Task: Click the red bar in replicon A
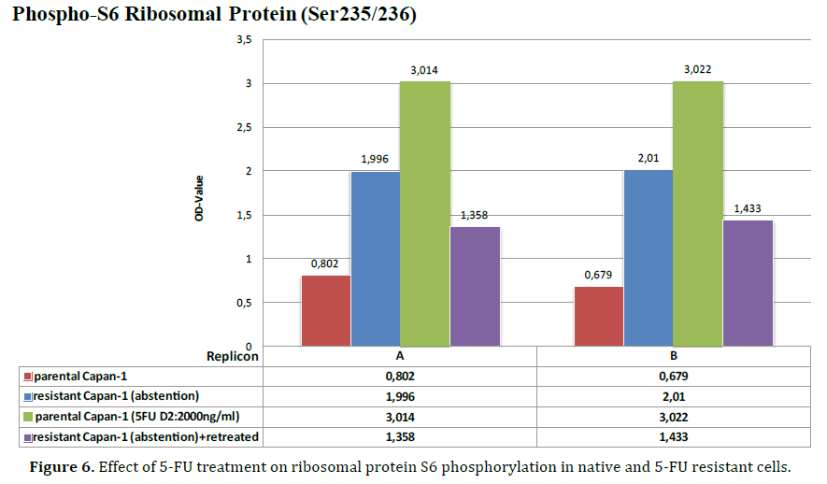click(326, 309)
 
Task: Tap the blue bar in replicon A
click(376, 258)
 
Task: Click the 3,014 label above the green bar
click(424, 70)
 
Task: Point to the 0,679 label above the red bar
click(599, 275)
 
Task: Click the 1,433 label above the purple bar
click(749, 208)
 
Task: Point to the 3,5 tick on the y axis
click(244, 40)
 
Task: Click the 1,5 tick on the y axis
click(244, 215)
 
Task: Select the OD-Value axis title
click(200, 195)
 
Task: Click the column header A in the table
click(400, 356)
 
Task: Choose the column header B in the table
click(673, 356)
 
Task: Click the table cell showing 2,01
click(673, 396)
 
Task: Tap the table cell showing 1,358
click(400, 436)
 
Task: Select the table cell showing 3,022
click(673, 417)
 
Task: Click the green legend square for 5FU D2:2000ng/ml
click(27, 417)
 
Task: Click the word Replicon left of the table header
click(232, 356)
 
